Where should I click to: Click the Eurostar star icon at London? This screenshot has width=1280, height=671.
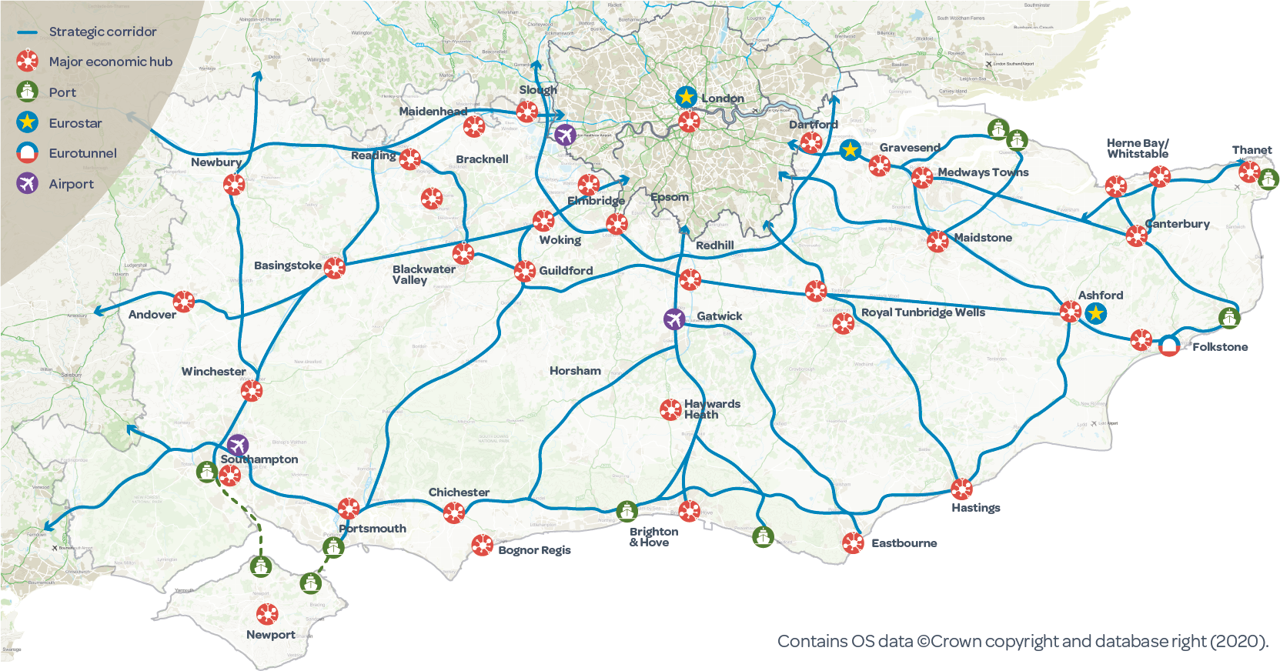686,98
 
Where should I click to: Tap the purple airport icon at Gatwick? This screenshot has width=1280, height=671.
674,319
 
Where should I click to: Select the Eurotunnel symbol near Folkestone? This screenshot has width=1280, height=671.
1168,346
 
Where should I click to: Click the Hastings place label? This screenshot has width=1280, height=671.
975,508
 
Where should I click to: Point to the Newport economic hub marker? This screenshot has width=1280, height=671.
267,614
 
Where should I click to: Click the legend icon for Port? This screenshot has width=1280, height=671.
28,92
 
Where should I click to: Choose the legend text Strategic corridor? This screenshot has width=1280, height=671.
102,32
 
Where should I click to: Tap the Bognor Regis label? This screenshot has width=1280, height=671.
534,550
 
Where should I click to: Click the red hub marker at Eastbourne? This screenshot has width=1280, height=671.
853,543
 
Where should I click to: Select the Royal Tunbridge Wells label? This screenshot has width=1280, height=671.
923,312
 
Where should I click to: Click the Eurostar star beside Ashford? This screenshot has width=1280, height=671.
1095,313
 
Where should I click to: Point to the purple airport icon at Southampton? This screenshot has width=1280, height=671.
238,445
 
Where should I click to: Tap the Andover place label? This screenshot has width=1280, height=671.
152,315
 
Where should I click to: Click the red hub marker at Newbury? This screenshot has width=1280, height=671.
234,184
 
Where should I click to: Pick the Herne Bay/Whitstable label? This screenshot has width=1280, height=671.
1137,149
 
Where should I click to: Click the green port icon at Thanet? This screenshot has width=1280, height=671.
1268,179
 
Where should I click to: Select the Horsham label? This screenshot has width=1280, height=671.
575,371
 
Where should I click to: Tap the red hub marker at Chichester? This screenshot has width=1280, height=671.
454,512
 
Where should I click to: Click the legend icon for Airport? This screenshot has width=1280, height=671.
28,183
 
